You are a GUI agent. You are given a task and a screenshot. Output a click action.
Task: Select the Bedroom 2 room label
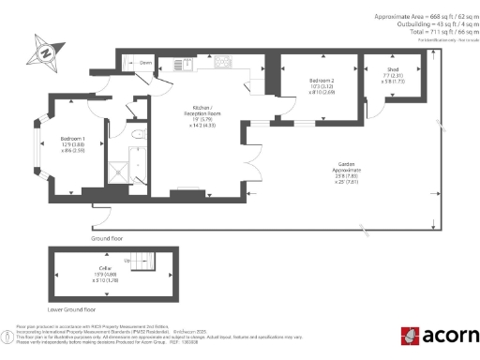(x=321, y=87)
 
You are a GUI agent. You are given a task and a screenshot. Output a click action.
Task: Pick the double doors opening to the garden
(x=255, y=161)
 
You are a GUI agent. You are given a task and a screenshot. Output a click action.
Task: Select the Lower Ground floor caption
(x=71, y=307)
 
